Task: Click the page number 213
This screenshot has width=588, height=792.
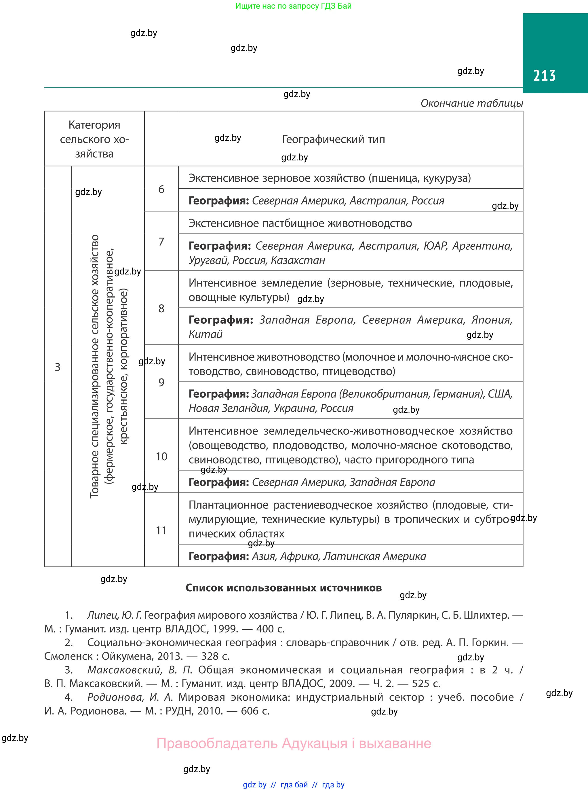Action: click(544, 75)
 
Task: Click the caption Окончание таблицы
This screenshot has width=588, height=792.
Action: click(472, 103)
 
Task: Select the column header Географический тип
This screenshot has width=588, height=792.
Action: click(334, 139)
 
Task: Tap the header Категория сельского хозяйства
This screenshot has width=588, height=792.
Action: click(94, 139)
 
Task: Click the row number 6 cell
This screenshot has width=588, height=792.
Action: click(161, 189)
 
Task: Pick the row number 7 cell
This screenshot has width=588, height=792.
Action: click(161, 241)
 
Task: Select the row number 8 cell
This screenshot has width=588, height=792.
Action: click(161, 308)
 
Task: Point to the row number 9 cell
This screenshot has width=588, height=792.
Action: click(161, 382)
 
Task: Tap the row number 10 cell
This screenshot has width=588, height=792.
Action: click(161, 456)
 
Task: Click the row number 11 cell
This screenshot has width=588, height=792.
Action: click(161, 530)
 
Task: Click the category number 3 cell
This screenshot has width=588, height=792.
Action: click(58, 367)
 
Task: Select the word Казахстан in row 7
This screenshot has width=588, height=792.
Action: click(298, 260)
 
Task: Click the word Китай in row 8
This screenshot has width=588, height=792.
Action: click(205, 334)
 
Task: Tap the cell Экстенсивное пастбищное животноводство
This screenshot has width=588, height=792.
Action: click(300, 223)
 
